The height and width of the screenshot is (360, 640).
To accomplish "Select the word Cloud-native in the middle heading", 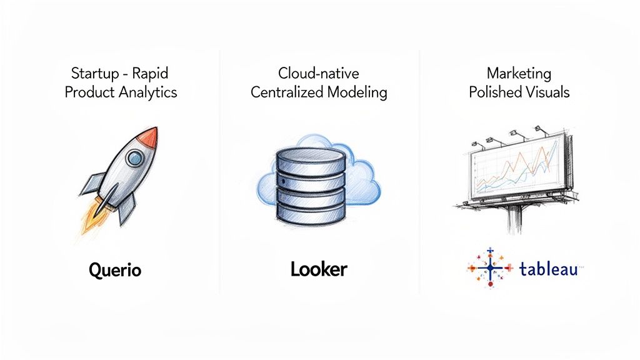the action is point(319,74).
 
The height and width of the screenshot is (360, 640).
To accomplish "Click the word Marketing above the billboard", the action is point(519,74).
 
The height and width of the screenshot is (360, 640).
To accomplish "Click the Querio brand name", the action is point(115,270).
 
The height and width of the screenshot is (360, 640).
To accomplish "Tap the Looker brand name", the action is point(319,269).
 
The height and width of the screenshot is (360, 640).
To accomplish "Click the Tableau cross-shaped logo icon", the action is point(490,268).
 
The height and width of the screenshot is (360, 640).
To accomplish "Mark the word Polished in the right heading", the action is point(494,92).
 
